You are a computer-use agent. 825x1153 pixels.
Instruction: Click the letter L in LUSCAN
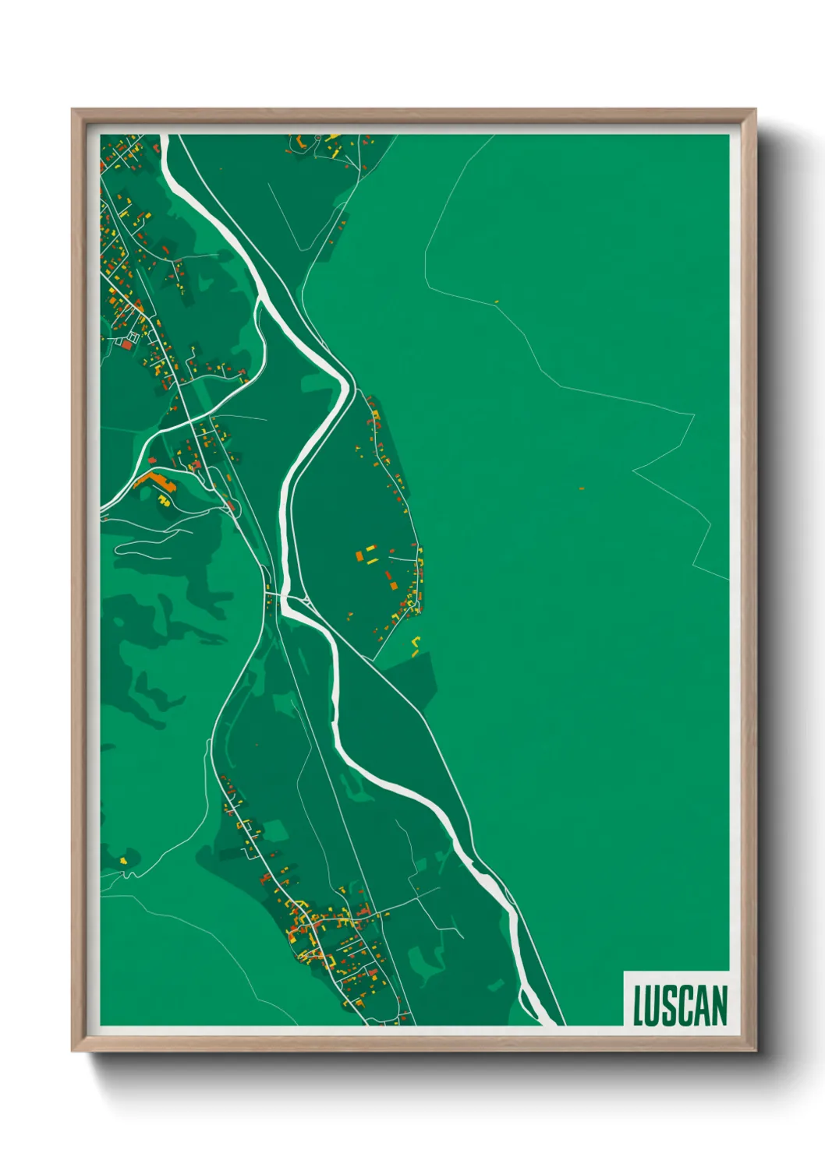coord(639,1006)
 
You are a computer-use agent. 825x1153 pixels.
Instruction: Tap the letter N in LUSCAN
coord(717,1006)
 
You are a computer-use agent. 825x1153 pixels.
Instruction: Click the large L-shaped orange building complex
coord(156,482)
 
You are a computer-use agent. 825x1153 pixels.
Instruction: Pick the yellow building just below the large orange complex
coord(164,499)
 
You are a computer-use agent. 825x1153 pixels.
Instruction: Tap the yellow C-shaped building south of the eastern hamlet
coord(416,643)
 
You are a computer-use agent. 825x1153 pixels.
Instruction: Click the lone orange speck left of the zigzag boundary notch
coord(582,488)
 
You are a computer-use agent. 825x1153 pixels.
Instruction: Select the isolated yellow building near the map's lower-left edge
coord(123,860)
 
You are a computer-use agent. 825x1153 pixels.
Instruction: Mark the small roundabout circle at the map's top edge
coord(317,138)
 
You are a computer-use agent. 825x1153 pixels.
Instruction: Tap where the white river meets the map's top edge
coord(165,136)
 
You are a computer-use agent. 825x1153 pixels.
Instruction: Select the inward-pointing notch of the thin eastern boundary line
coord(634,470)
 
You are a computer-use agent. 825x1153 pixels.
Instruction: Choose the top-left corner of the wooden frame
coord(73,110)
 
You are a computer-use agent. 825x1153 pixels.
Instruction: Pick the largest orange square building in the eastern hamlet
coord(360,556)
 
